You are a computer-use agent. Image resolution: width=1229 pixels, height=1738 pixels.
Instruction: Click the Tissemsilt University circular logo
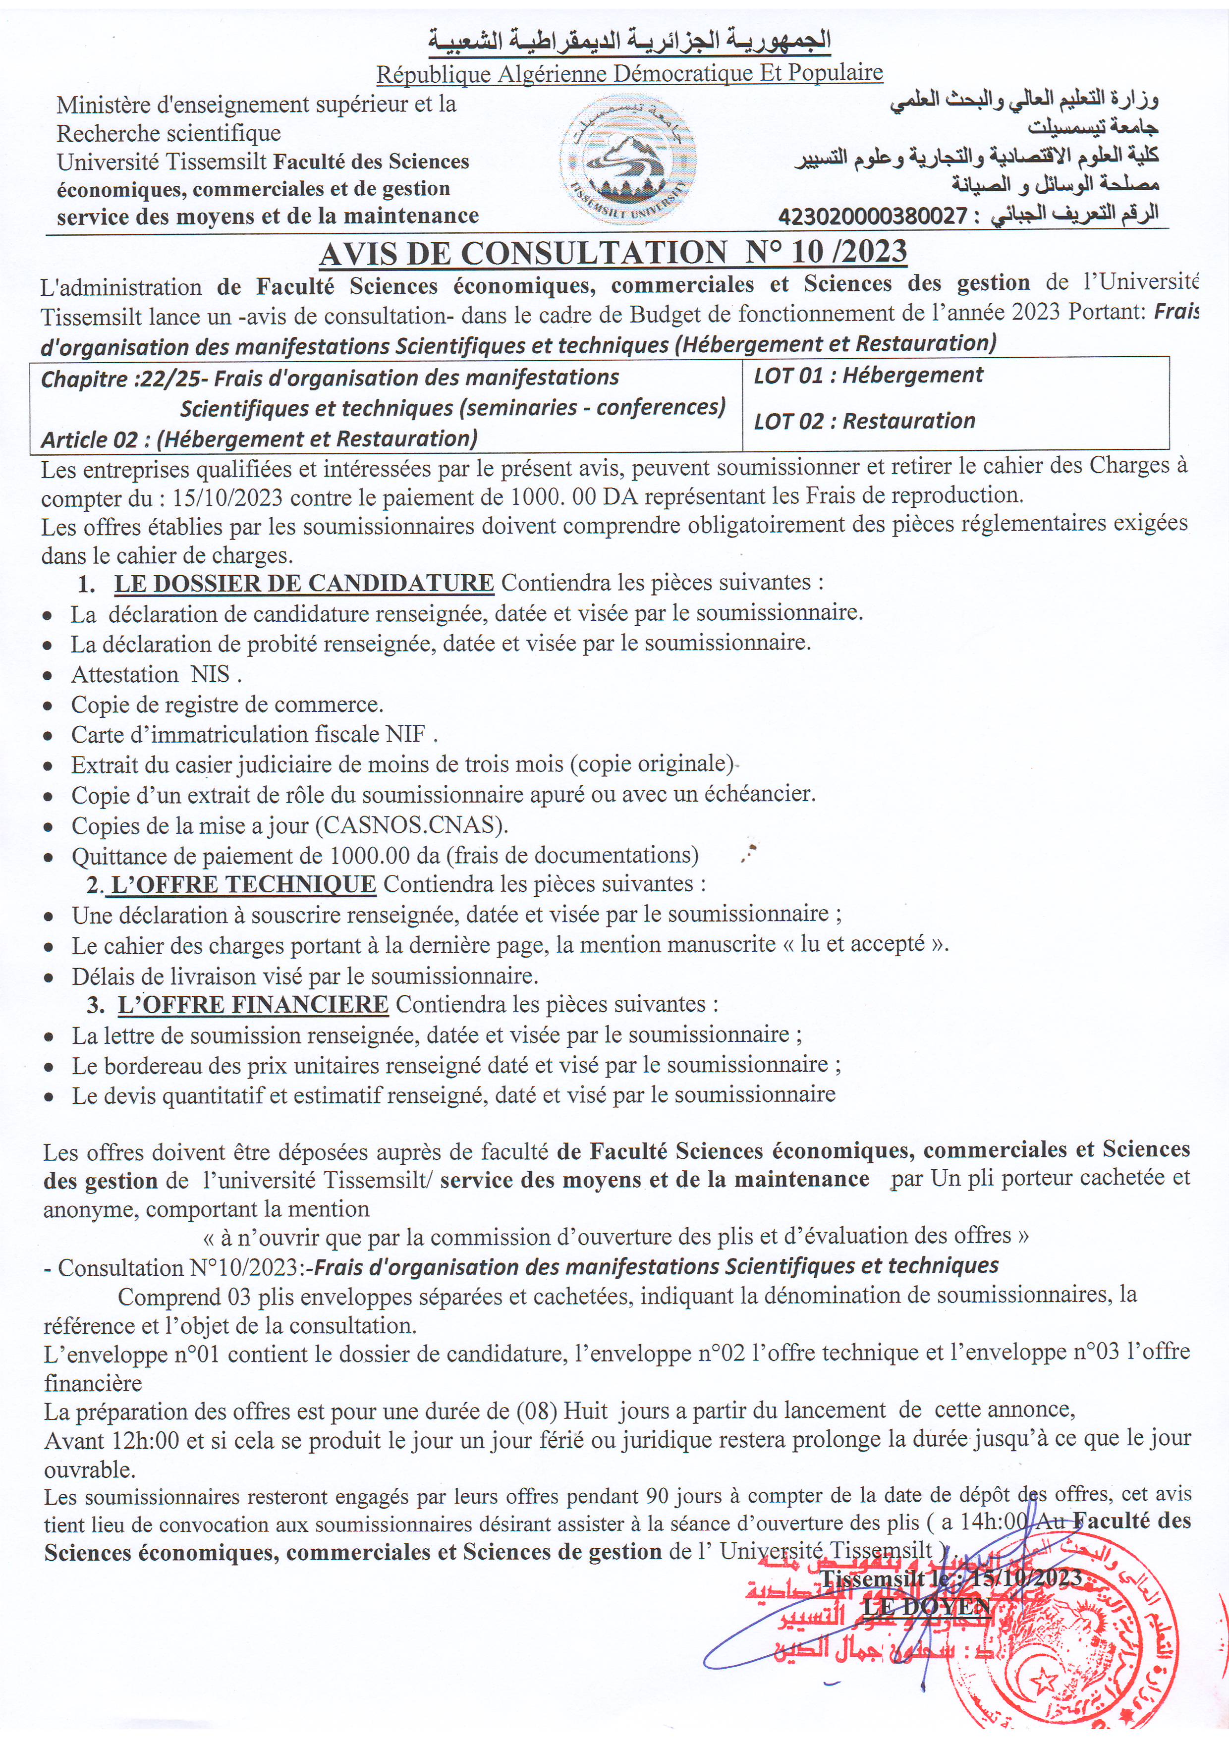pos(631,160)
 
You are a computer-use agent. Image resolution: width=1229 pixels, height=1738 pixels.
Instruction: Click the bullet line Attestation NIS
pos(156,674)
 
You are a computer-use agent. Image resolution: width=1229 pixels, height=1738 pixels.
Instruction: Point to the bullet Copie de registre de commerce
pos(227,704)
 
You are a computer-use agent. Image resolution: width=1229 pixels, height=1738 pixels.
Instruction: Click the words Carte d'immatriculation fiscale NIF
pos(254,734)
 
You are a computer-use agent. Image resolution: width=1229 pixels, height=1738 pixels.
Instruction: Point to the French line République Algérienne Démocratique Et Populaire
pos(629,73)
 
